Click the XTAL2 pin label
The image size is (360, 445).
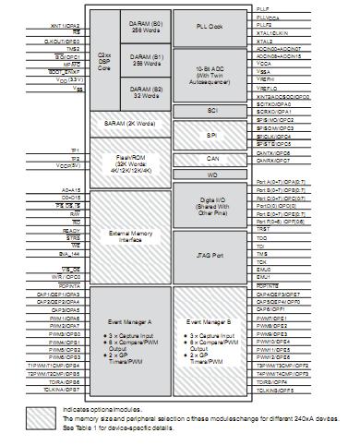pyautogui.click(x=265, y=41)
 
